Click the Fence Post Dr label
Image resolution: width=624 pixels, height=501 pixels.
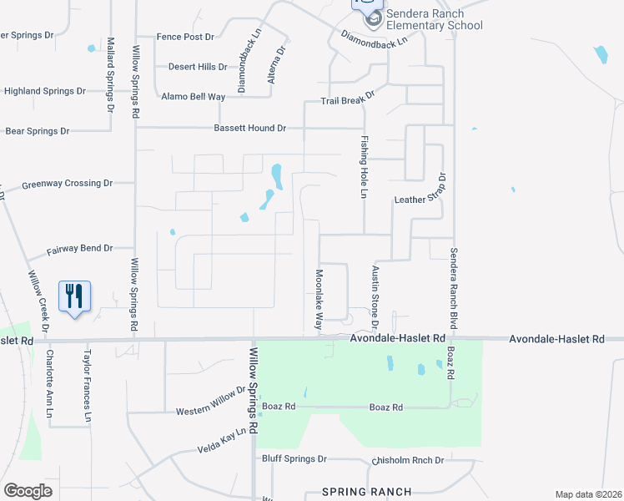tap(185, 37)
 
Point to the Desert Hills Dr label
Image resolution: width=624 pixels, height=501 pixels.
tap(198, 67)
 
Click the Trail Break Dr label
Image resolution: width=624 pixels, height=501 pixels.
tap(349, 100)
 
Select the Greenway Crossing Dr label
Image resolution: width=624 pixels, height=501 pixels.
tap(67, 183)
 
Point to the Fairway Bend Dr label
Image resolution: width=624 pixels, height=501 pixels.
tap(79, 249)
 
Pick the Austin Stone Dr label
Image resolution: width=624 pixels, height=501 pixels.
tap(375, 296)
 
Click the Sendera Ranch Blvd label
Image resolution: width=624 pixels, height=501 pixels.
tap(454, 286)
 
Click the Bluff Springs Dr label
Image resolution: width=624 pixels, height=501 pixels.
tap(294, 459)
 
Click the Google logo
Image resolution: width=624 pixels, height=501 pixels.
tap(28, 491)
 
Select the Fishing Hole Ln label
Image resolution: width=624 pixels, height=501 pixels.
tap(364, 167)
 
